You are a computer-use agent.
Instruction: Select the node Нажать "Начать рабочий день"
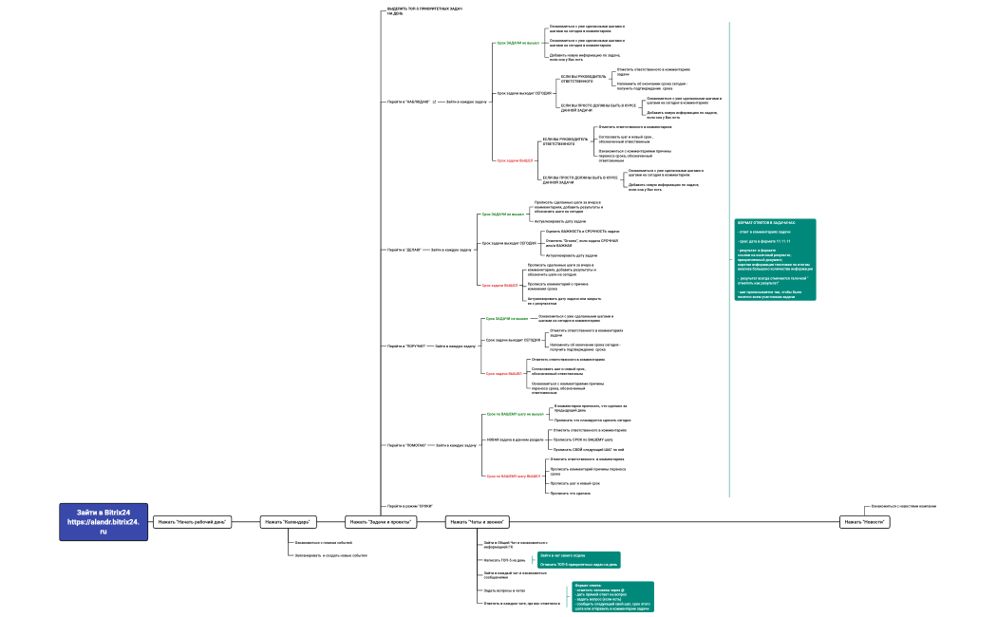click(x=192, y=521)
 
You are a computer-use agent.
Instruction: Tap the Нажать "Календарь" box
click(x=289, y=521)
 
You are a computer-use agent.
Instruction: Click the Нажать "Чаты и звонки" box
click(x=477, y=521)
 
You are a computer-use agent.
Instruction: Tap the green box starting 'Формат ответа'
click(x=612, y=597)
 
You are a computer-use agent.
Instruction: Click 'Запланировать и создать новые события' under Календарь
click(x=330, y=555)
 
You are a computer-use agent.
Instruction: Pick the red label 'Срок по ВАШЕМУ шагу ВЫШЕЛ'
click(x=513, y=476)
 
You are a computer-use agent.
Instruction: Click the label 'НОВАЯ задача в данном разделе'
click(x=515, y=440)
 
